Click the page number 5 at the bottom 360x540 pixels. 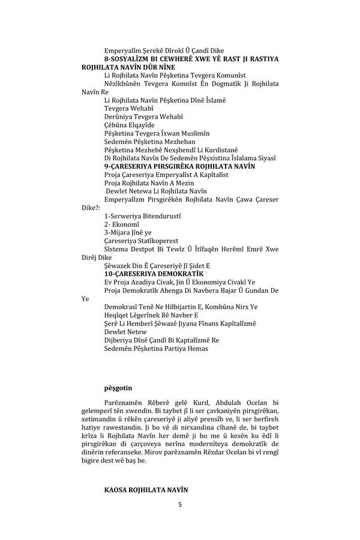179,505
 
